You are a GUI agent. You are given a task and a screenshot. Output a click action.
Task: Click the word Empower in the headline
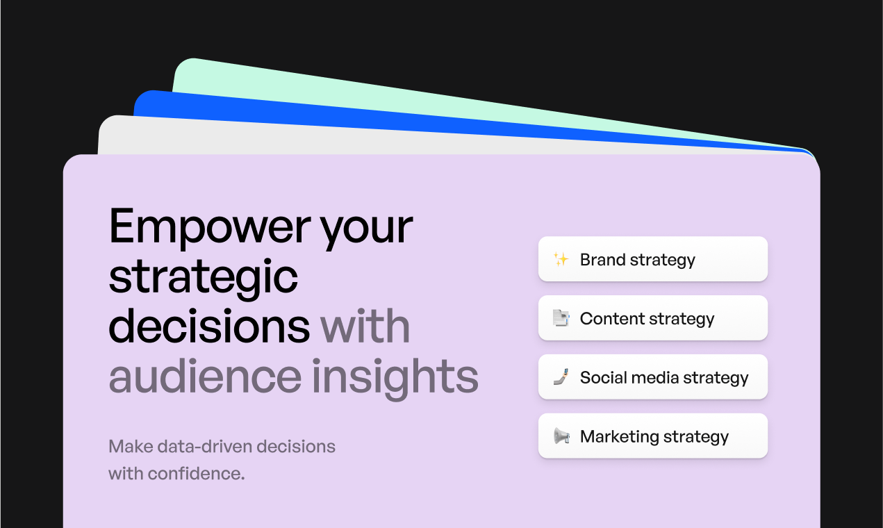coord(210,226)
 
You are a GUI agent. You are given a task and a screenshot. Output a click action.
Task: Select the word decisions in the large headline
coord(209,327)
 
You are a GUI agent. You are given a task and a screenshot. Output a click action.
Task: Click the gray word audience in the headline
coord(205,377)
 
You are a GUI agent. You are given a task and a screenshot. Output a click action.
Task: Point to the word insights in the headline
coord(395,379)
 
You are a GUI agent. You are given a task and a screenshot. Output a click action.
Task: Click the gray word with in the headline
coord(365,327)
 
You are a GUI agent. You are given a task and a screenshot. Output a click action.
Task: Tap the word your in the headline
coord(366,231)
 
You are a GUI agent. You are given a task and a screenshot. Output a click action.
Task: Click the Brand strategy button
coord(653,258)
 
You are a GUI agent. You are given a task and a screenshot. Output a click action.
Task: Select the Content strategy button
coord(653,317)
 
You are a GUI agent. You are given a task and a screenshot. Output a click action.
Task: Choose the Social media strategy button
coord(653,377)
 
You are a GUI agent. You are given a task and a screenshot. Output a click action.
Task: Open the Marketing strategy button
coord(653,436)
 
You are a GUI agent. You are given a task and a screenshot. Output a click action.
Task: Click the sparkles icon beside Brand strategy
coord(561,259)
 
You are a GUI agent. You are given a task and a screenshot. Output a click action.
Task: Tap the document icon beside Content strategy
coord(561,318)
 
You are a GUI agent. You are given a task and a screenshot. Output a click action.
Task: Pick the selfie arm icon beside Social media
coord(561,377)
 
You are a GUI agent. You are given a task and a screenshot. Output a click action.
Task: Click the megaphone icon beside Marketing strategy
coord(561,436)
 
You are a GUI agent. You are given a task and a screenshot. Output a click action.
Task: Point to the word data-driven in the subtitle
coord(204,447)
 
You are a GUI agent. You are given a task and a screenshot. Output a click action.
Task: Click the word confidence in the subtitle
coord(196,474)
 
